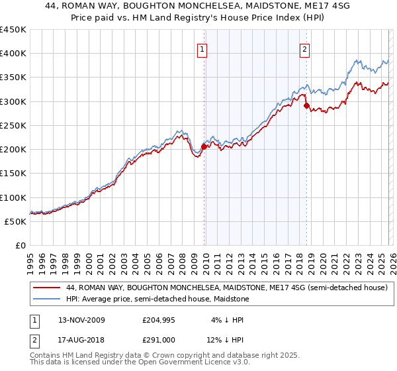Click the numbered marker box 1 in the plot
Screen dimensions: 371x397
point(201,48)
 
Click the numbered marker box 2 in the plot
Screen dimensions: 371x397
point(304,48)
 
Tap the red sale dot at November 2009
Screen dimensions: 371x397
point(204,147)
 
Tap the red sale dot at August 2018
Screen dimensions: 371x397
point(306,105)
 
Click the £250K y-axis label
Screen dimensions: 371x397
point(13,125)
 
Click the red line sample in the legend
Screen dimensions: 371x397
point(46,288)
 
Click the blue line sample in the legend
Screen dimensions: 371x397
point(46,299)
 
